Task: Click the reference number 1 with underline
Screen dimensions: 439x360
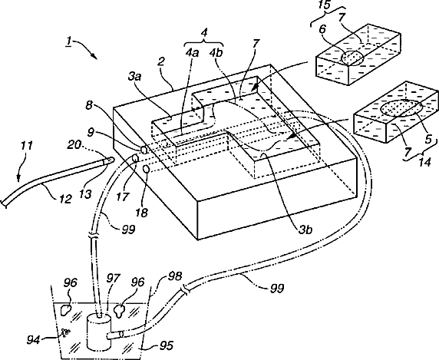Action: pos(68,41)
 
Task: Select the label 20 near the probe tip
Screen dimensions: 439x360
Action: pos(74,145)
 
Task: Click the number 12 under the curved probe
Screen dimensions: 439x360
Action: pos(66,199)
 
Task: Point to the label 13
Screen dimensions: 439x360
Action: pos(85,193)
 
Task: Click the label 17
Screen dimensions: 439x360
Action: pos(123,197)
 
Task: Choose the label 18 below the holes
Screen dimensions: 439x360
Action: pos(141,213)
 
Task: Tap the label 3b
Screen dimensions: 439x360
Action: pos(305,230)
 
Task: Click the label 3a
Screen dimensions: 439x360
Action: pos(134,77)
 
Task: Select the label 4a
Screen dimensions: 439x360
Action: pos(192,53)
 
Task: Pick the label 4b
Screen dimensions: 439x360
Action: pos(216,53)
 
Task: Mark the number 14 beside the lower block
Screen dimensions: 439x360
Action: pos(424,162)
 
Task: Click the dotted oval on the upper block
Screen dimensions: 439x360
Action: pos(352,58)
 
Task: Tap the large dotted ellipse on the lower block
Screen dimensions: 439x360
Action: pos(402,108)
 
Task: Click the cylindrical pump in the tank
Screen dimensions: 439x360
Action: pos(99,332)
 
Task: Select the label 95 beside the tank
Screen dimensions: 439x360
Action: pos(167,345)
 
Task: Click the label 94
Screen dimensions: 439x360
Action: pos(33,340)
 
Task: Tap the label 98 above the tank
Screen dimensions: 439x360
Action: pos(175,276)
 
